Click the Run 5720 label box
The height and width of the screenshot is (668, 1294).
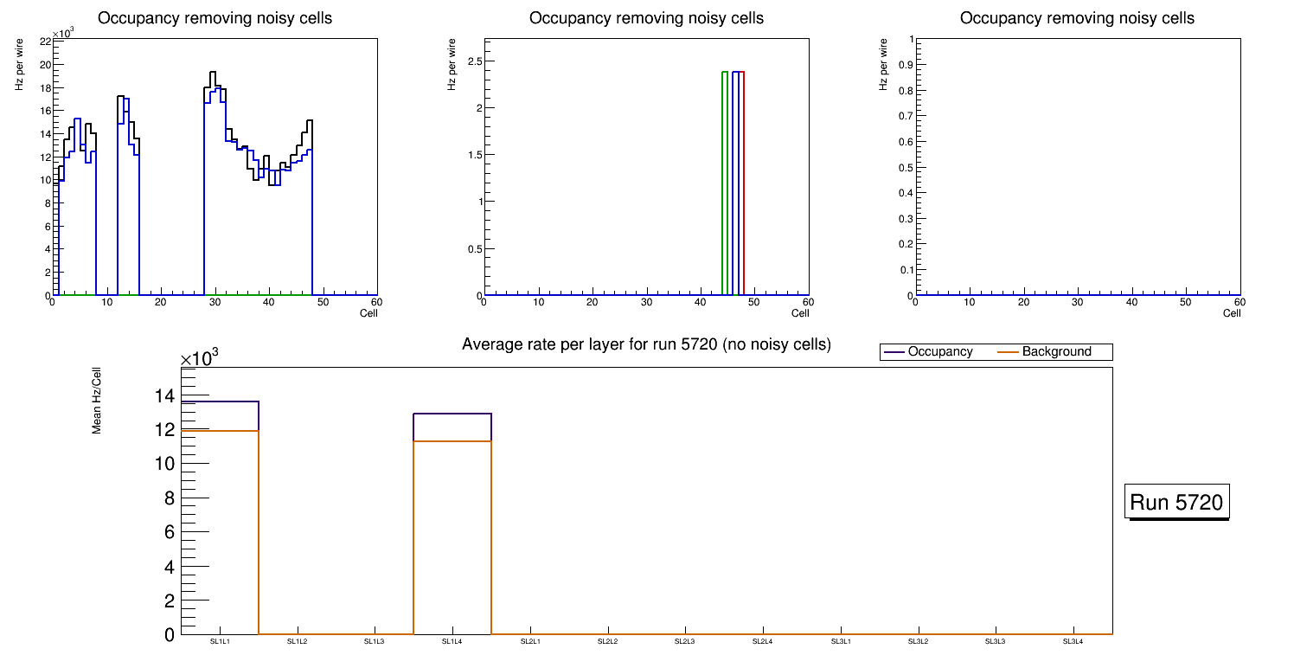point(1178,502)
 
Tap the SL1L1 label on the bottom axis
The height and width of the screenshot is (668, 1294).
point(220,642)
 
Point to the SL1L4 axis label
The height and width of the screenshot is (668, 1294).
point(452,642)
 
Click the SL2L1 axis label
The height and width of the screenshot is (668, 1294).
point(530,642)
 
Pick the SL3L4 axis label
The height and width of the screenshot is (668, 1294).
point(1073,642)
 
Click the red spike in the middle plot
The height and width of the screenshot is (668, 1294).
point(743,173)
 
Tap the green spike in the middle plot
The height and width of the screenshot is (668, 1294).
point(723,173)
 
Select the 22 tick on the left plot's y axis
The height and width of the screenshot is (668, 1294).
point(46,41)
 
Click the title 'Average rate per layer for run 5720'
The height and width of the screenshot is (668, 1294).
point(646,344)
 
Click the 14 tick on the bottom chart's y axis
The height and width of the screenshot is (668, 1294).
point(164,396)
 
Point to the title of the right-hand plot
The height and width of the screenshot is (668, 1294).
point(1077,18)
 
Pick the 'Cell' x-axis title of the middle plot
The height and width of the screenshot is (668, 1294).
point(800,313)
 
